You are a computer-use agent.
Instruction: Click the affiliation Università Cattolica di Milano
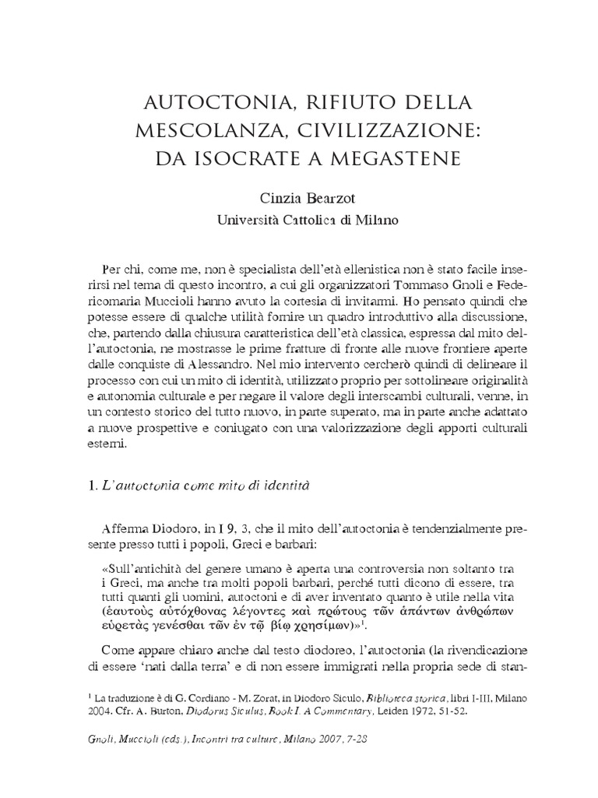[298, 221]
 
